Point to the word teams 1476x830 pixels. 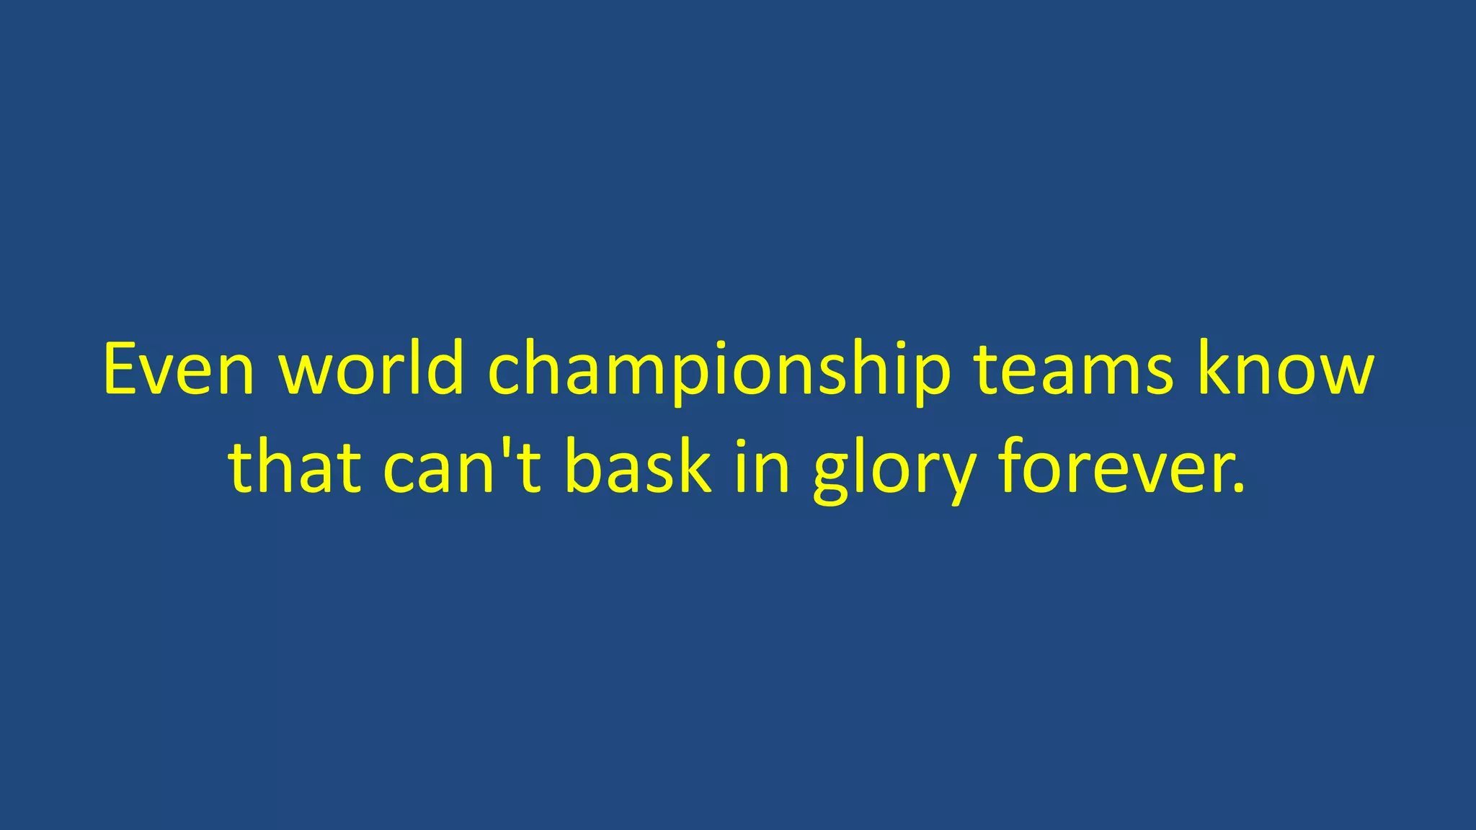(x=1074, y=369)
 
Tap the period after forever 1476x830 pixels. (x=1239, y=488)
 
